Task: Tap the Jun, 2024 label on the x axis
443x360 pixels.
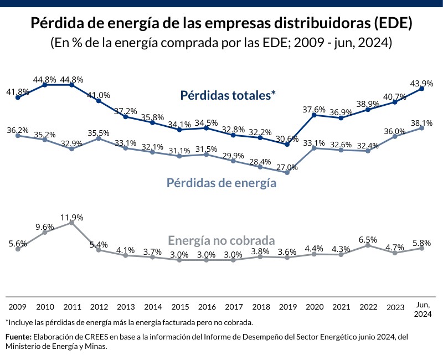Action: point(422,310)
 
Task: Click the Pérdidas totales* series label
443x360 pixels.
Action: point(228,95)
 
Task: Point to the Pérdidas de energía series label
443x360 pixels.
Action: point(221,183)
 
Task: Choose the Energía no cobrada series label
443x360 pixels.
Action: point(221,241)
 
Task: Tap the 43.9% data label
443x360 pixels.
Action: point(422,83)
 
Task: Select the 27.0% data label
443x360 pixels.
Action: point(287,167)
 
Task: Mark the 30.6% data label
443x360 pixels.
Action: point(287,138)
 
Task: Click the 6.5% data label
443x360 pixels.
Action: point(368,239)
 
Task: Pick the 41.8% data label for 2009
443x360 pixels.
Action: point(18,91)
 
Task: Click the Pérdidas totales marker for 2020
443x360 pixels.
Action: point(314,115)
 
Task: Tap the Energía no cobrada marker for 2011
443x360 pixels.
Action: point(72,223)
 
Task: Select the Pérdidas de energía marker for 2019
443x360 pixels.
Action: point(287,173)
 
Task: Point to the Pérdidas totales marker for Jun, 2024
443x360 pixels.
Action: point(422,88)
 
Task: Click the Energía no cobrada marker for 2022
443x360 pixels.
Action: point(368,245)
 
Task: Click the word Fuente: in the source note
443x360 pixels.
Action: point(18,337)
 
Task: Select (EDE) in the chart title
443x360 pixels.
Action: point(392,24)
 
